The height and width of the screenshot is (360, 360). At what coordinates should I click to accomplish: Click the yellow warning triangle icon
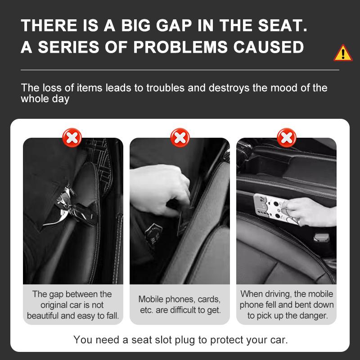(343, 54)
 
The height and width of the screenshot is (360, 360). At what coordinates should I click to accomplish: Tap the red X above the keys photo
(72, 137)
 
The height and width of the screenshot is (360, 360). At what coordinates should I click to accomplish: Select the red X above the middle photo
(180, 137)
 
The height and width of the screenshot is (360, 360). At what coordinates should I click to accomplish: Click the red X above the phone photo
(286, 137)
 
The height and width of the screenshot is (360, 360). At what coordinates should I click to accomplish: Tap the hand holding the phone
(310, 211)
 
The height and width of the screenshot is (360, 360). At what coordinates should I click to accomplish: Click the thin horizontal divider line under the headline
(180, 70)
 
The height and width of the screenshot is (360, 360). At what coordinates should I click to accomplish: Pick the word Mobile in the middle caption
(152, 299)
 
